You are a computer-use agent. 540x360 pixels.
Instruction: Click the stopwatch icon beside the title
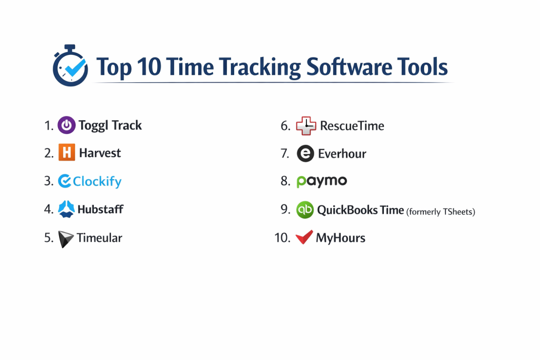pos(70,65)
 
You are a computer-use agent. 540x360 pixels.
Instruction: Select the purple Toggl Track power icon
pos(66,125)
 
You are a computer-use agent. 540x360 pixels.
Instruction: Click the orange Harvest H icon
pos(67,152)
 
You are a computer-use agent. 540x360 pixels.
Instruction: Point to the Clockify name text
pos(97,181)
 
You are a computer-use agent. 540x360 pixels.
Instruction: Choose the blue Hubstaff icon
pos(66,209)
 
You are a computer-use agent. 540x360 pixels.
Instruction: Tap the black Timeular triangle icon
pos(65,239)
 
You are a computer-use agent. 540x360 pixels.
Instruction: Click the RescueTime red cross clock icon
pos(306,125)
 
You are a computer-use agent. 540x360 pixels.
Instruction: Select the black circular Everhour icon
pos(305,153)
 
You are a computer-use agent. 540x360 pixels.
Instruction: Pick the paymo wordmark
pos(322,181)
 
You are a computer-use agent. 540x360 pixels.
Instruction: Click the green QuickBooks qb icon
pos(305,210)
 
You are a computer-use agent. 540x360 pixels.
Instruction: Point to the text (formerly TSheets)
pos(440,212)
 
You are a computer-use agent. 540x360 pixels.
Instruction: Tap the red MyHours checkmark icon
pos(304,237)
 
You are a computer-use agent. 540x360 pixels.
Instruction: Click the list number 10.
pos(283,238)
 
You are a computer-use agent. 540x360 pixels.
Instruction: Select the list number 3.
pos(49,181)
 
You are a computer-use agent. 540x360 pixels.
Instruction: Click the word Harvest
pos(100,153)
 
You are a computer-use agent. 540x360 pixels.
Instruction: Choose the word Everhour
pos(342,154)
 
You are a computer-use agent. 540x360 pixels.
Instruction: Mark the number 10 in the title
pos(149,66)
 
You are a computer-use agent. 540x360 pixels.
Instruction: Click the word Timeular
pos(99,238)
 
